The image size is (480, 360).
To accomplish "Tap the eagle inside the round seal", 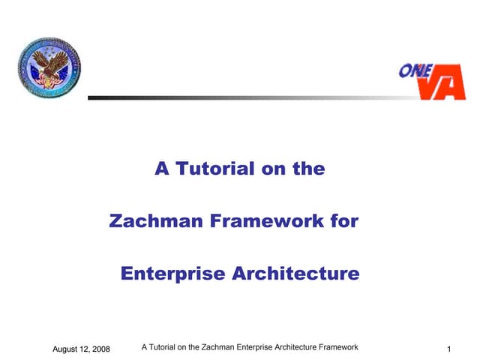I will (49, 68).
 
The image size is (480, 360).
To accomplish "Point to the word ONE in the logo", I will (415, 70).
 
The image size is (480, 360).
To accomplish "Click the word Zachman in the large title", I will (148, 221).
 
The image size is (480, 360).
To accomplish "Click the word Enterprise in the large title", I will (172, 274).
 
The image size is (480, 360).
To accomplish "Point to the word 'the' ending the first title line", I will (308, 169).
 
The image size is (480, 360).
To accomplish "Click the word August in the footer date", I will (67, 350).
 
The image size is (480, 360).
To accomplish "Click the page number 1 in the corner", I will (448, 350).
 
